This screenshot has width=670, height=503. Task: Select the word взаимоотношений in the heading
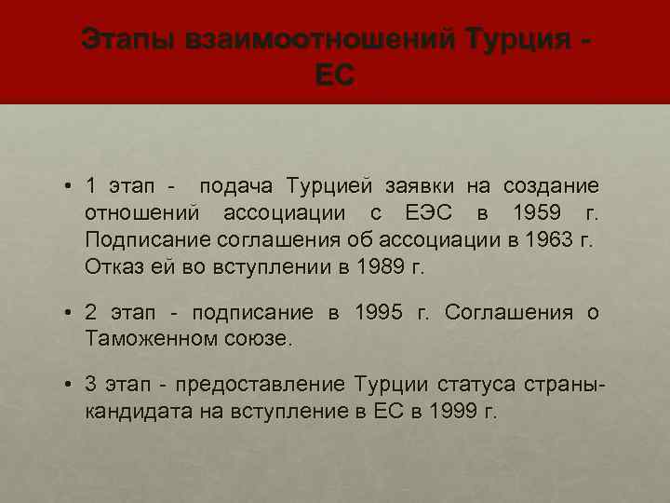[x=320, y=40]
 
